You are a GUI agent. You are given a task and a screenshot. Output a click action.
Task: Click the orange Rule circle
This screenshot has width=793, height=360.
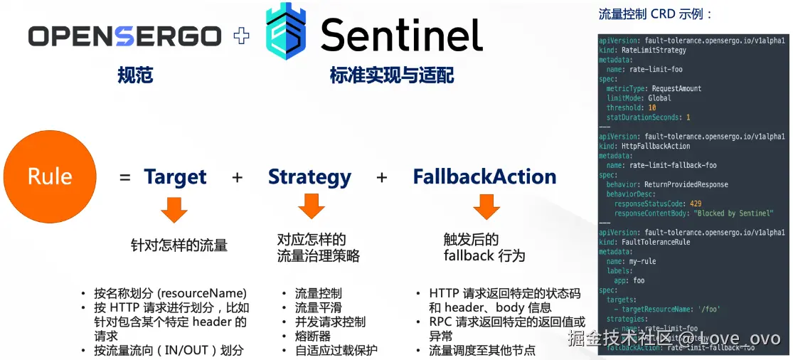50,176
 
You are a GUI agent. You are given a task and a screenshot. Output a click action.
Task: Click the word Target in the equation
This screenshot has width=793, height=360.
175,177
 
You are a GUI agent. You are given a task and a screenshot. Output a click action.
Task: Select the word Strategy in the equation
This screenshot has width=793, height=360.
309,177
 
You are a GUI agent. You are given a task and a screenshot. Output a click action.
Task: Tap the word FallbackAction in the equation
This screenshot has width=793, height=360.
484,177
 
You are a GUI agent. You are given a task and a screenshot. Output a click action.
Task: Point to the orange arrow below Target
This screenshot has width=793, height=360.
174,210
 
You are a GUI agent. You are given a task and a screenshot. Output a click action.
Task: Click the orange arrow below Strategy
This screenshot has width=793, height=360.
311,206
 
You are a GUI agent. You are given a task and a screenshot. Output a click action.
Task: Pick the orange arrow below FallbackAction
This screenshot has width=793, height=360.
486,206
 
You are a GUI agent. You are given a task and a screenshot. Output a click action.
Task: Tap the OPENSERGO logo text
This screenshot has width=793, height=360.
125,36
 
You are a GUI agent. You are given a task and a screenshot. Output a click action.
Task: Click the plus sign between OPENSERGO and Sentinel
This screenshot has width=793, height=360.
242,36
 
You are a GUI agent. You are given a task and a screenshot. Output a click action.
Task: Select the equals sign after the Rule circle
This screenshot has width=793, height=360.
125,178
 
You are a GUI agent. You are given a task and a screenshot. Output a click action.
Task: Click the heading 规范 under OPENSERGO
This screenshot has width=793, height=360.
135,75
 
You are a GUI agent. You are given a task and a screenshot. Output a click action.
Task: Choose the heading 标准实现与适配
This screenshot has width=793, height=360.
391,75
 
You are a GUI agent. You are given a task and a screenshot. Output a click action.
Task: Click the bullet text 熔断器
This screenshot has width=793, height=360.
312,336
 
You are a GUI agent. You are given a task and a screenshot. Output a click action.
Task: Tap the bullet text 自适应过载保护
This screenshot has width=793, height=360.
336,350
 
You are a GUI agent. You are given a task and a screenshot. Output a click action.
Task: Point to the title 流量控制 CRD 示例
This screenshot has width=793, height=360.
655,14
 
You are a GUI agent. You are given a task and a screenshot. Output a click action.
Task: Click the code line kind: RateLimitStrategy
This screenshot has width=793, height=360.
643,51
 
